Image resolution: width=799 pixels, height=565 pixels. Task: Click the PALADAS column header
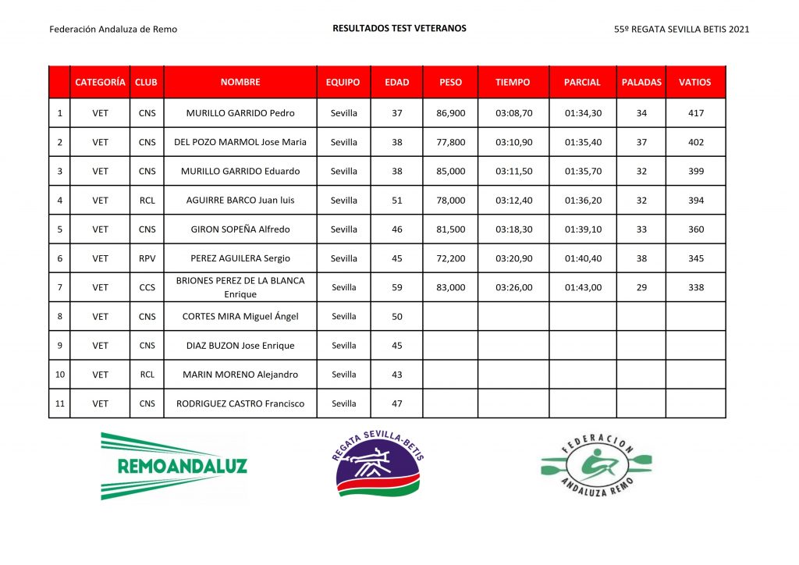(x=641, y=82)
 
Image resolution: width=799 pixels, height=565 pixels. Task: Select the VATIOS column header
(x=694, y=82)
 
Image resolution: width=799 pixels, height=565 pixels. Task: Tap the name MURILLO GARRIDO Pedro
(x=240, y=113)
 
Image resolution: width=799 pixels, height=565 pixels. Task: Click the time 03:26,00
(x=513, y=287)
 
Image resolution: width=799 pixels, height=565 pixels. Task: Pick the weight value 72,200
(x=450, y=258)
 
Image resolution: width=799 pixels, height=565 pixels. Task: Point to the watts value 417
(x=695, y=113)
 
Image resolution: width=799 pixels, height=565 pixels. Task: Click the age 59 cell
(x=396, y=287)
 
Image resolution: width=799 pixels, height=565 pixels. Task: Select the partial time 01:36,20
(x=582, y=201)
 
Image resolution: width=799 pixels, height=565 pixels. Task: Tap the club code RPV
(x=147, y=258)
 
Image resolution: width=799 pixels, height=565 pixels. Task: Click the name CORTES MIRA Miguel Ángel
(x=240, y=317)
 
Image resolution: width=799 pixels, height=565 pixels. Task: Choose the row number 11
(x=60, y=403)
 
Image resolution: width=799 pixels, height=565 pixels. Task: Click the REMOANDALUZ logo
(x=173, y=466)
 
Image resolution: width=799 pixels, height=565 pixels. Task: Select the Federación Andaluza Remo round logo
(x=597, y=467)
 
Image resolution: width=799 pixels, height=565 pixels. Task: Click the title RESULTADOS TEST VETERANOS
(x=399, y=28)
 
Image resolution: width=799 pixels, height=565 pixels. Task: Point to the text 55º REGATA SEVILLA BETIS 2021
(x=682, y=30)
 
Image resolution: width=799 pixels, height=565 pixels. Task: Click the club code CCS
(x=147, y=287)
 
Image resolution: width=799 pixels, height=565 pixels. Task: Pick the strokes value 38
(x=641, y=258)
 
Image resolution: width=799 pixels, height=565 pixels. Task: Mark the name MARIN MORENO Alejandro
(x=240, y=375)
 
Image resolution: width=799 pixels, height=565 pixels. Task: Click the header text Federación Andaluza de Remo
(x=113, y=30)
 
